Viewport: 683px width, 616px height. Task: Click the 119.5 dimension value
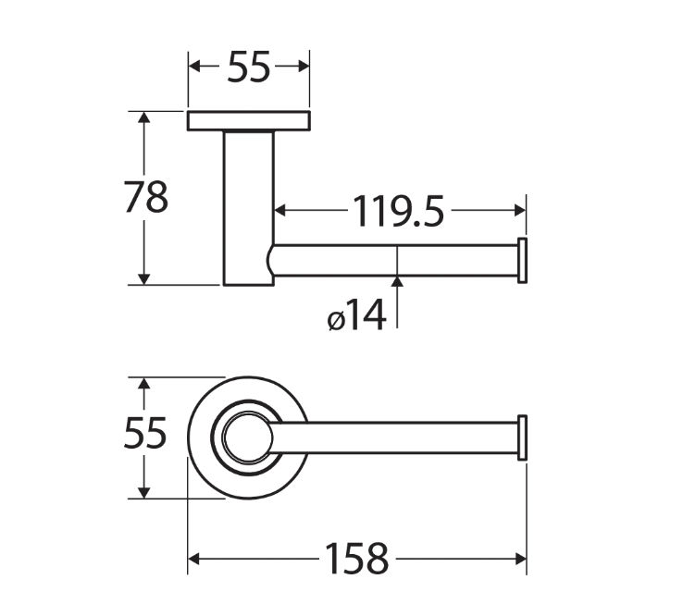click(398, 211)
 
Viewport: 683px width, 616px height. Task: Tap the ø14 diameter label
click(356, 314)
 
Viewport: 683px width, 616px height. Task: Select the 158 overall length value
click(356, 559)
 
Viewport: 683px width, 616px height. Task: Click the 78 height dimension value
click(146, 196)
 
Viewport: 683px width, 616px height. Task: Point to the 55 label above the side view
click(249, 67)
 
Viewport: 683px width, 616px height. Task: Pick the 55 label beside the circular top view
click(145, 433)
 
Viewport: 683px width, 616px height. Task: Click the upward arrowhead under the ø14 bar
click(397, 282)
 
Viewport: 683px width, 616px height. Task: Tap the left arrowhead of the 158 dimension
click(193, 559)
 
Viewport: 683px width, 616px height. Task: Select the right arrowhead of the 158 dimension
click(520, 559)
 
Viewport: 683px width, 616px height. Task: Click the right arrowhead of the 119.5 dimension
click(520, 210)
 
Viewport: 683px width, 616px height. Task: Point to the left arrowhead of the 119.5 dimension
click(280, 210)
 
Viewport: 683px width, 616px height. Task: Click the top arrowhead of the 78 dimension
click(143, 117)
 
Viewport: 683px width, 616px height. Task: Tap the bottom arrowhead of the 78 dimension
click(143, 279)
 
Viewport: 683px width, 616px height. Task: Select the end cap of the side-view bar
click(522, 260)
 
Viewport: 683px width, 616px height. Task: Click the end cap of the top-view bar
click(522, 437)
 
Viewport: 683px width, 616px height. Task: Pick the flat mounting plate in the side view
click(249, 120)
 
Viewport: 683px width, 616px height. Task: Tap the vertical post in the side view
click(249, 208)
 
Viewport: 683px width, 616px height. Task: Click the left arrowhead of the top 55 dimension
click(193, 67)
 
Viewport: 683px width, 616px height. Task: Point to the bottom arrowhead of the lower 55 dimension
click(143, 493)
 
